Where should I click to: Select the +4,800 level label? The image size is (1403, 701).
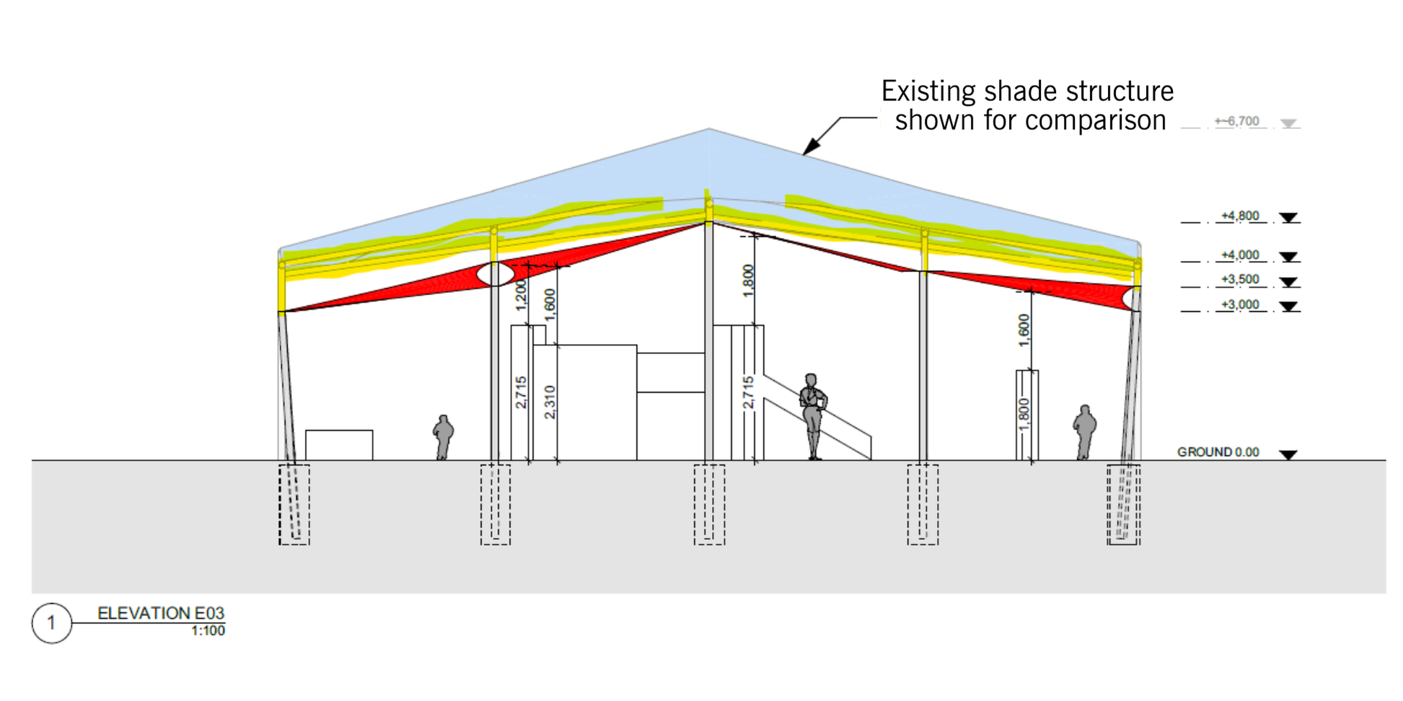[x=1239, y=216]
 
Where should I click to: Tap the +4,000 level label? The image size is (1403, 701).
[x=1239, y=255]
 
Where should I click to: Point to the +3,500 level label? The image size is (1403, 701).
[x=1239, y=280]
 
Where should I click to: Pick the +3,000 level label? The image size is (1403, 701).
[x=1239, y=305]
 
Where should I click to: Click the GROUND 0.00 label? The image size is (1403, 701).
[x=1218, y=452]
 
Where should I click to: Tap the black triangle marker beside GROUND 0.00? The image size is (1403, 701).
[x=1288, y=454]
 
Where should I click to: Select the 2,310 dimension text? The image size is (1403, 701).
[x=550, y=402]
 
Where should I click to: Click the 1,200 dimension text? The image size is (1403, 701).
[x=522, y=295]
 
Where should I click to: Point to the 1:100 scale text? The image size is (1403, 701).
[x=208, y=631]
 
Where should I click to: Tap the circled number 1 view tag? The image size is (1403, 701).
[x=51, y=622]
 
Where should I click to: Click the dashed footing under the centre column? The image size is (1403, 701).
[x=709, y=504]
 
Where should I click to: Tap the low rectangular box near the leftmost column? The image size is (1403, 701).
[x=339, y=445]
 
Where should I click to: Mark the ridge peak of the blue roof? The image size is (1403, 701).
[x=708, y=130]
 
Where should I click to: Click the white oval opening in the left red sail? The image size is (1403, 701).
[x=496, y=274]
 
